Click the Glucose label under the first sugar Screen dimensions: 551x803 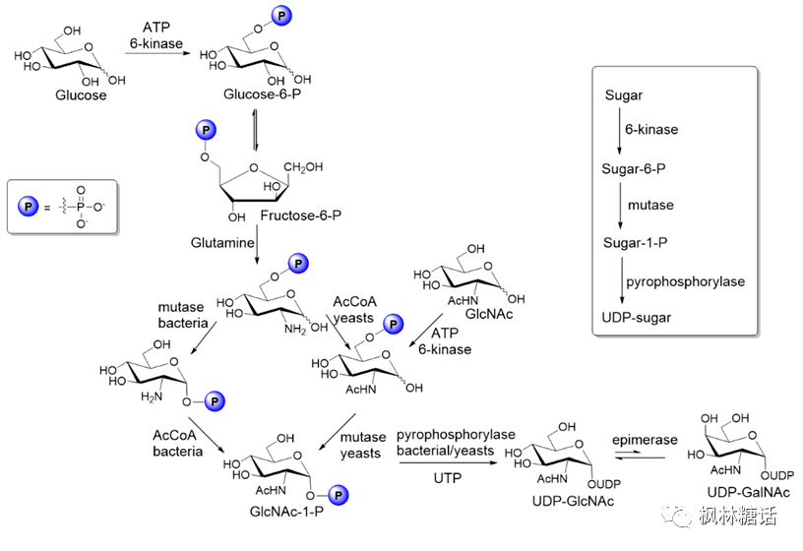coord(82,95)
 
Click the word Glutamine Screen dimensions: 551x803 coord(223,241)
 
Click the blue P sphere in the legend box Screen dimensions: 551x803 coord(30,207)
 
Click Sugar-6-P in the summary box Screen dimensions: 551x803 coord(634,168)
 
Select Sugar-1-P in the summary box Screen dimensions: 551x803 coord(634,242)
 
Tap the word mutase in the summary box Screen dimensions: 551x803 coord(649,206)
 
